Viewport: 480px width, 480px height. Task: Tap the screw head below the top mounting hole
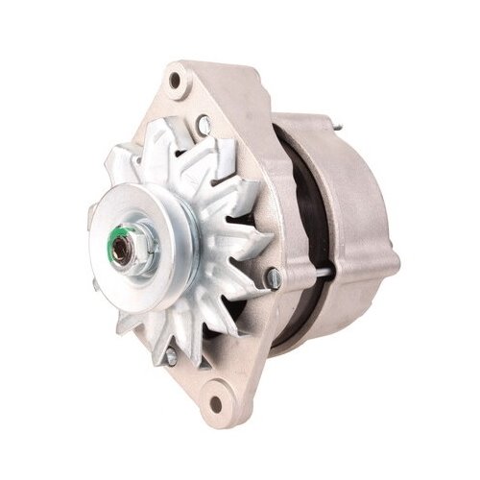pyautogui.click(x=203, y=122)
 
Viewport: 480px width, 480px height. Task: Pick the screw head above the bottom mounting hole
pyautogui.click(x=171, y=356)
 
